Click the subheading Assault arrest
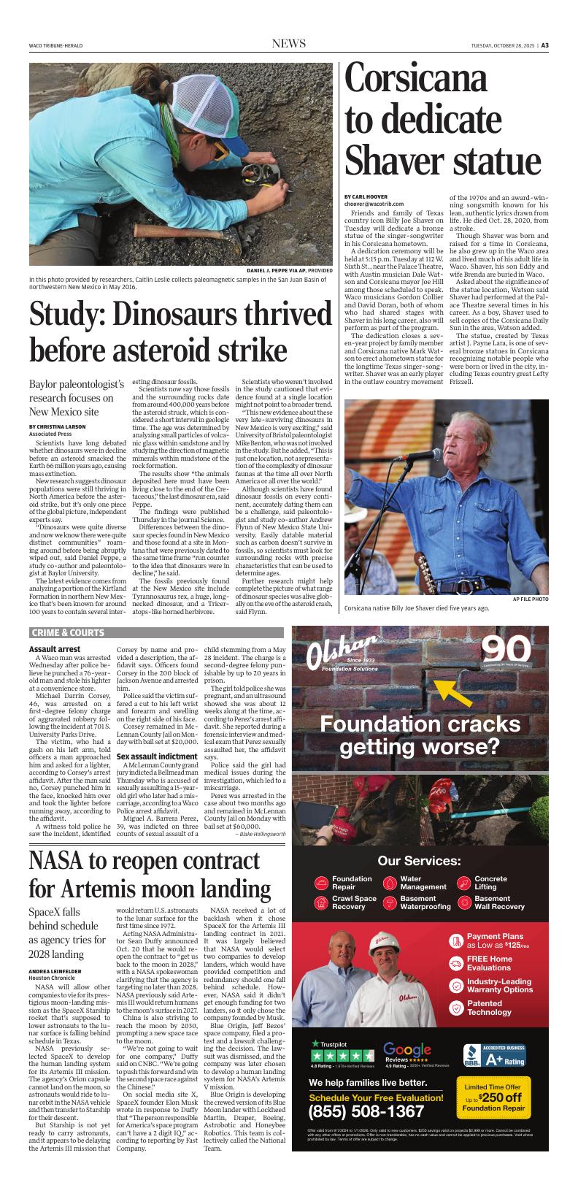[x=54, y=649]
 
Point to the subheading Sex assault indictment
[x=157, y=756]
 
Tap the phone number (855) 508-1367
[x=366, y=1112]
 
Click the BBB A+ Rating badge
[x=494, y=1055]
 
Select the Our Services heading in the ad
[x=419, y=861]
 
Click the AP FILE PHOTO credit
[x=530, y=599]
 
